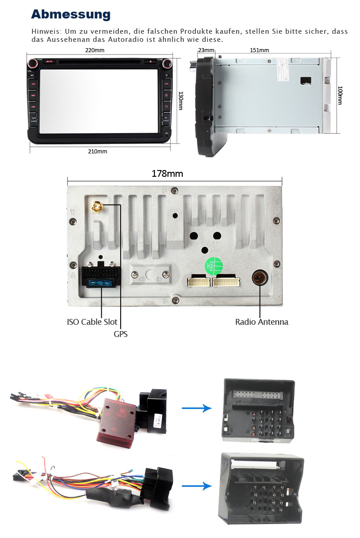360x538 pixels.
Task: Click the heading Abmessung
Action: point(71,14)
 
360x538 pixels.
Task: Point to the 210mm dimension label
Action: point(98,151)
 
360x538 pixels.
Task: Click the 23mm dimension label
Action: point(206,50)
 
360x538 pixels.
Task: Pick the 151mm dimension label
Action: point(260,50)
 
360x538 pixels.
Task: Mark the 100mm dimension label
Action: point(340,95)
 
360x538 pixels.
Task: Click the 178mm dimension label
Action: point(167,174)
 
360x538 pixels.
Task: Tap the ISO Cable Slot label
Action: point(92,322)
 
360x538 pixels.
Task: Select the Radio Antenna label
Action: point(261,322)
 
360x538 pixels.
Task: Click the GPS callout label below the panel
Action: point(121,334)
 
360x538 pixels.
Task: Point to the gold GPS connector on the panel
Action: point(96,207)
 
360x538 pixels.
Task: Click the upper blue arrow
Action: point(197,408)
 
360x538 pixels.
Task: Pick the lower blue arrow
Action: point(197,486)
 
